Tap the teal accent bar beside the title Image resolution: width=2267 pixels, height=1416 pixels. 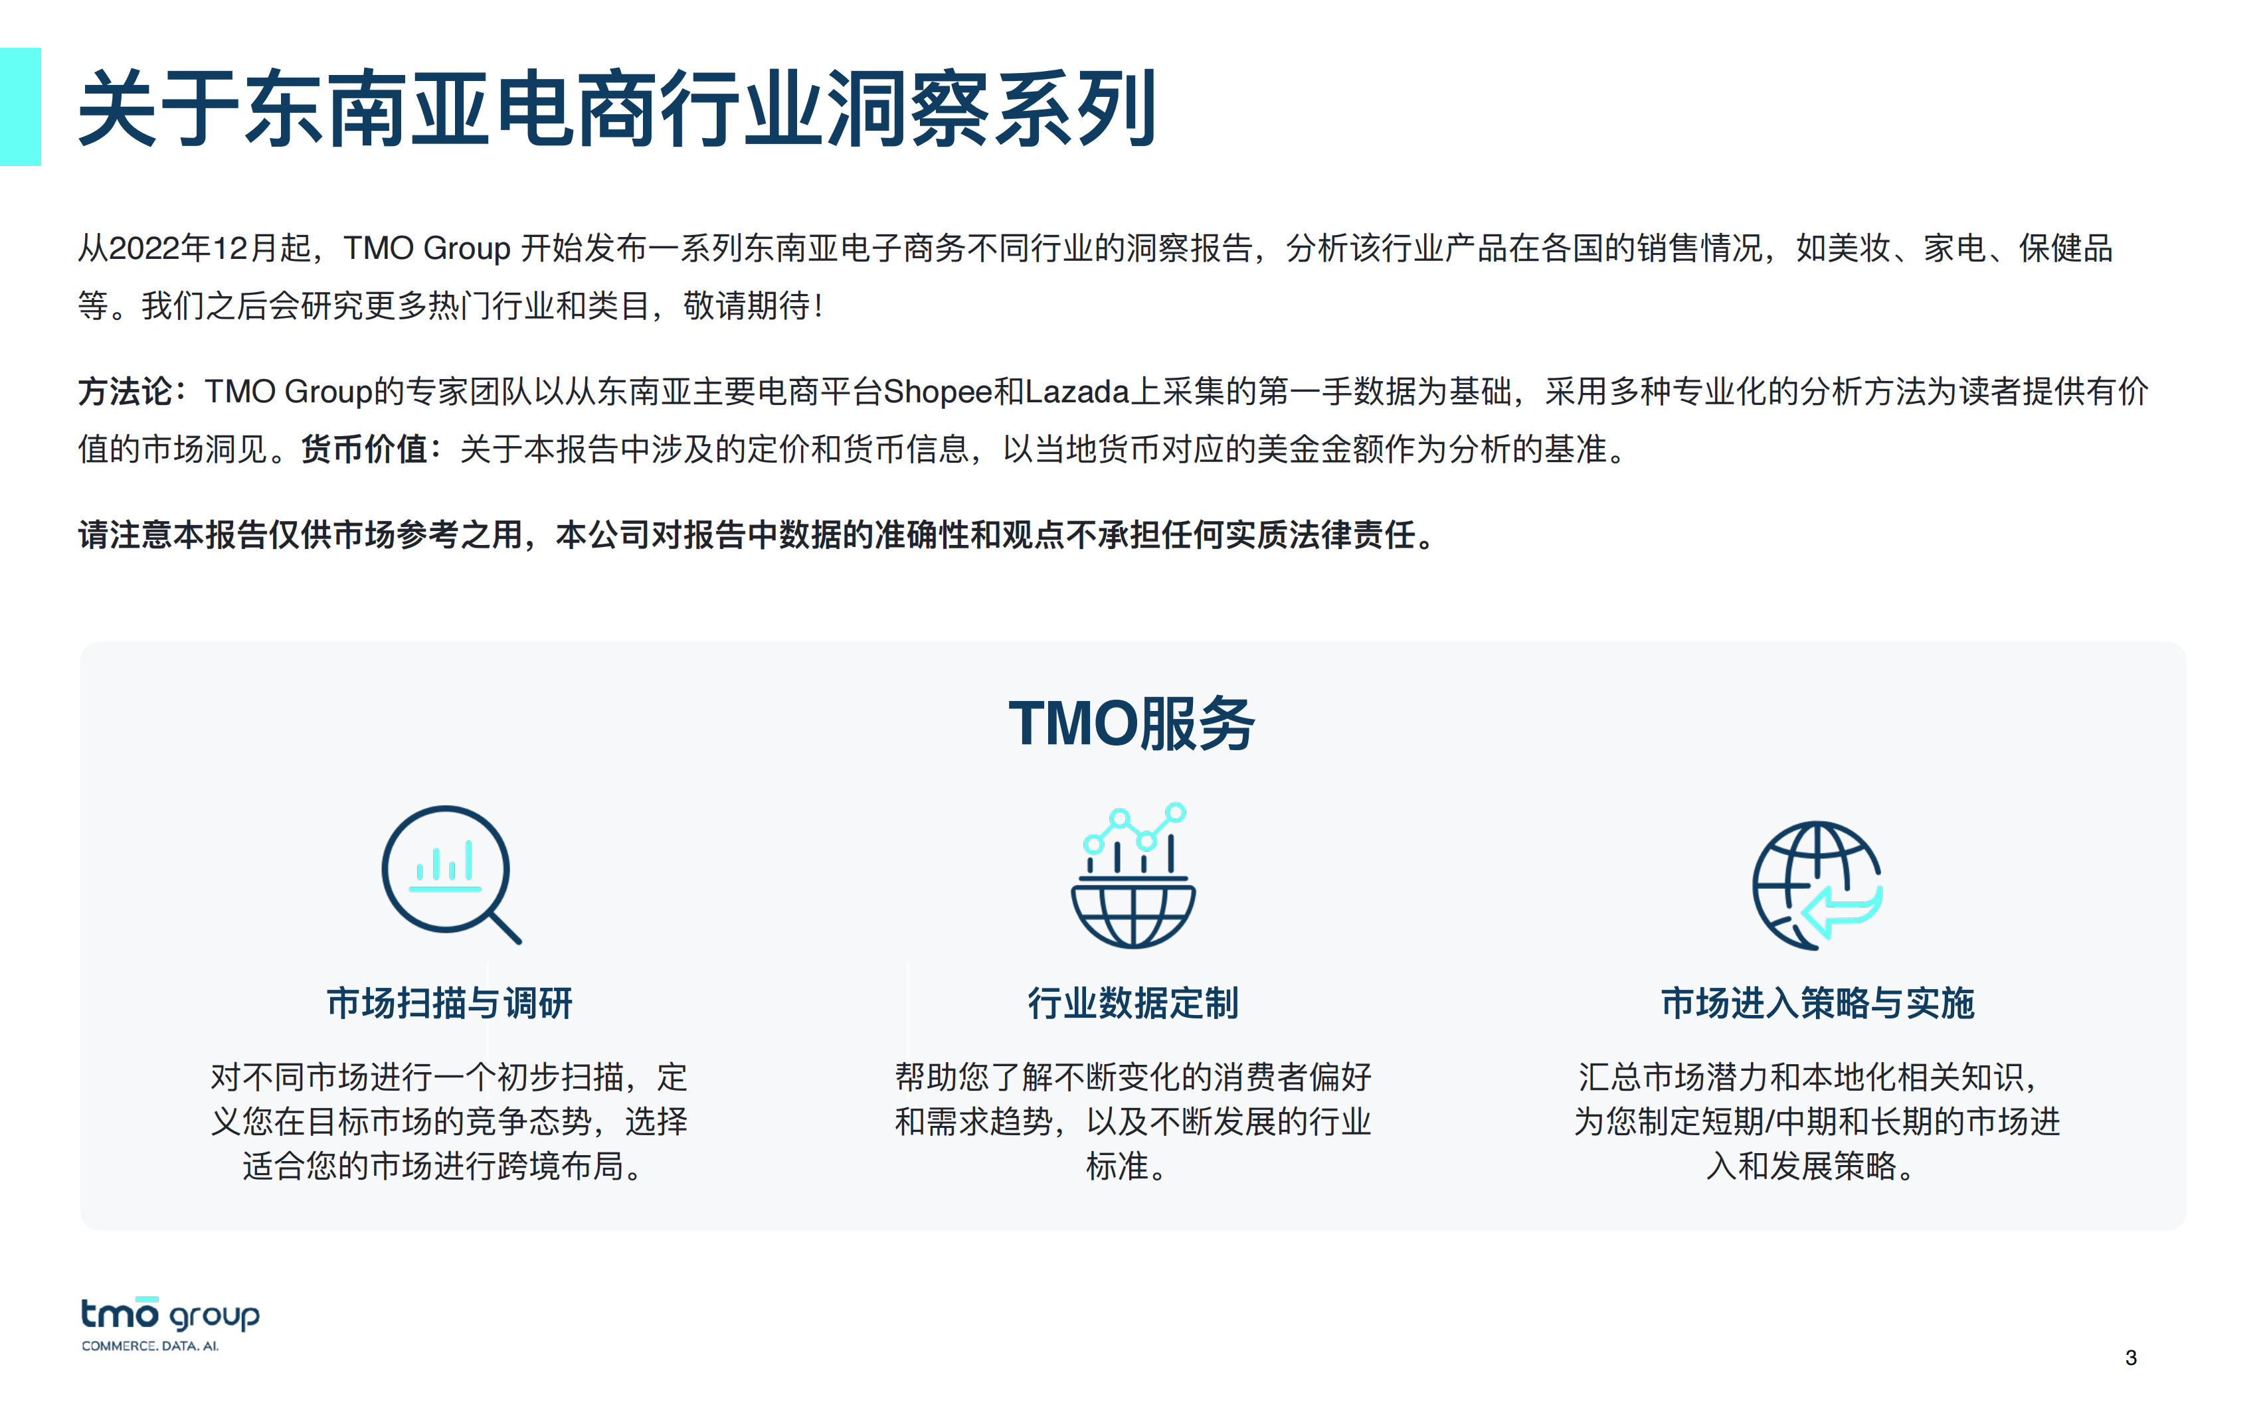tap(20, 107)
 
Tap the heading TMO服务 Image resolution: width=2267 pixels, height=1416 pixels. tap(1132, 724)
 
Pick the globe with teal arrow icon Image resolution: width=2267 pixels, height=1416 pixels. tap(1817, 885)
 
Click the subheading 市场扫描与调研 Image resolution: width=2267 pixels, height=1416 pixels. tap(450, 1003)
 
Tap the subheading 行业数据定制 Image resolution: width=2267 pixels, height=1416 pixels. tap(1133, 1003)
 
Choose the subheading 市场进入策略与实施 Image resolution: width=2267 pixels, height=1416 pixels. tap(1817, 1003)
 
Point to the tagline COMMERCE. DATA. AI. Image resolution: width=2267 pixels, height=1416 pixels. tap(150, 1346)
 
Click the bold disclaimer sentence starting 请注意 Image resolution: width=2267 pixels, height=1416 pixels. tap(757, 535)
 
